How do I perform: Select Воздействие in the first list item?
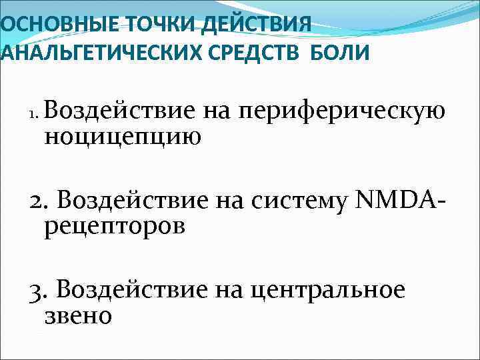119,110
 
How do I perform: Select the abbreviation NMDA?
387,199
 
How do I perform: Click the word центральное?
327,291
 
